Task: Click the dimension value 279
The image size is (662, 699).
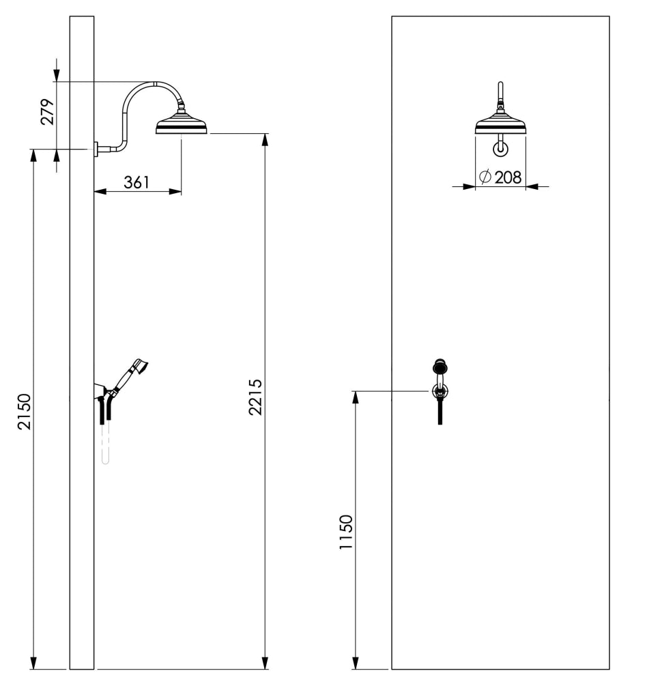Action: (x=47, y=112)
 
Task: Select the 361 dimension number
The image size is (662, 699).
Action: (x=136, y=182)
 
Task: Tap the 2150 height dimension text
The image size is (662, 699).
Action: (x=25, y=412)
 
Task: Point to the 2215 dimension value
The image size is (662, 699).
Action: (x=255, y=397)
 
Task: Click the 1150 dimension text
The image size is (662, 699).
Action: (x=346, y=532)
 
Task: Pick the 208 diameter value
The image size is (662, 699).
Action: (x=508, y=177)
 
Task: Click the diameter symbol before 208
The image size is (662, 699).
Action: (x=485, y=177)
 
